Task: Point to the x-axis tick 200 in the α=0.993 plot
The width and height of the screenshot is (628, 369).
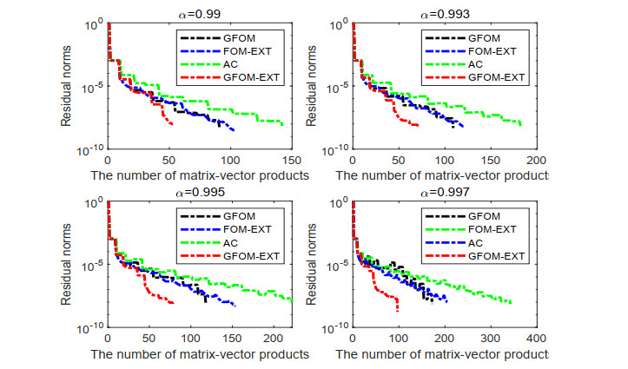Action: click(x=536, y=160)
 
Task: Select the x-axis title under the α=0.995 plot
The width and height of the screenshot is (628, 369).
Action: click(x=200, y=354)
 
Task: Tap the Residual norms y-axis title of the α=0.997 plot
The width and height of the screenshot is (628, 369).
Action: click(x=310, y=267)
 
